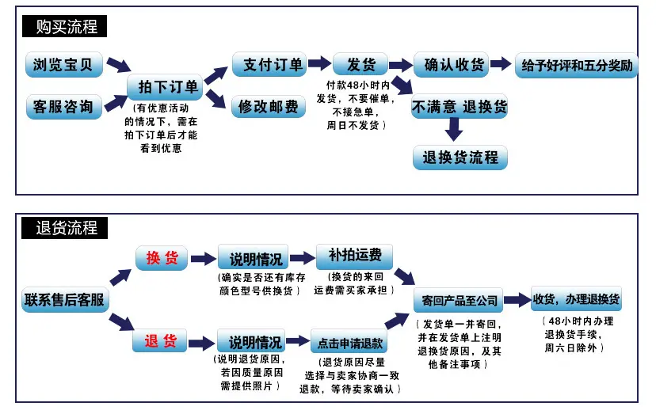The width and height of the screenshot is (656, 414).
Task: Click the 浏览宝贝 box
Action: tap(63, 64)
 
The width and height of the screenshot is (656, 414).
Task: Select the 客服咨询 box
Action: tap(63, 107)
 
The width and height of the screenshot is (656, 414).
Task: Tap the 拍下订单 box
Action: tap(165, 86)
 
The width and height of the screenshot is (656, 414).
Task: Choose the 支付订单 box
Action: tap(269, 64)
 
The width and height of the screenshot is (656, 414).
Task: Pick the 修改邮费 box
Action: tap(268, 106)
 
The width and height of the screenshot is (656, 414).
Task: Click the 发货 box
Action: tap(360, 64)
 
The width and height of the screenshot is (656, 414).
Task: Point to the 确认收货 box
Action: tap(451, 64)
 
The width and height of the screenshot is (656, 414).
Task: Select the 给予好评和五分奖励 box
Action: tap(576, 65)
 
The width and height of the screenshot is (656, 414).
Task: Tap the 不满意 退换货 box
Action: tap(460, 106)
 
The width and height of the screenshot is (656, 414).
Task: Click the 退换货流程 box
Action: tap(460, 158)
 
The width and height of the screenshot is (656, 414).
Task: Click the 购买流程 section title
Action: tap(64, 26)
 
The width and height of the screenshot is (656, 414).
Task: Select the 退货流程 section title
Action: tap(64, 228)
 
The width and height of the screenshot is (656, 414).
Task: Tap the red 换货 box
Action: tap(162, 257)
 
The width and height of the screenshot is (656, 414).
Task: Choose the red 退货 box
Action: tap(160, 340)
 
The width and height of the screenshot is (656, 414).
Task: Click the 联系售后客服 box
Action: tap(65, 299)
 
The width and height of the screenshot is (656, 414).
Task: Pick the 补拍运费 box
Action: tap(354, 256)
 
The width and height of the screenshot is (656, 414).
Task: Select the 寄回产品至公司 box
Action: tap(458, 299)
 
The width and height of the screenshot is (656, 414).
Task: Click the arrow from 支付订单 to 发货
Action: tap(319, 63)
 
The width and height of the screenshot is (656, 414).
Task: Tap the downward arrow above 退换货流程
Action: tap(453, 130)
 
